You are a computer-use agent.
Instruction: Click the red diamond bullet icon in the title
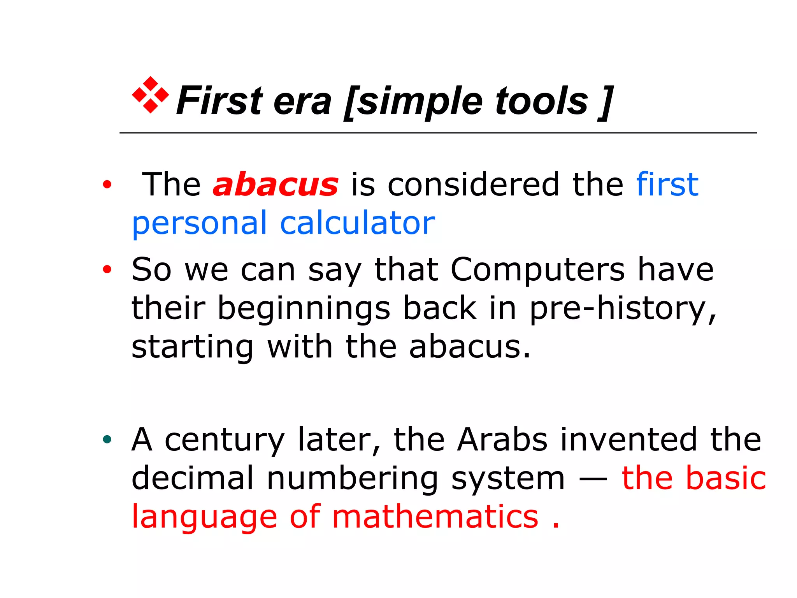pos(150,95)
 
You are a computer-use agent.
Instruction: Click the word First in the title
pos(219,101)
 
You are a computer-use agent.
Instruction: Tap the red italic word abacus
pos(276,185)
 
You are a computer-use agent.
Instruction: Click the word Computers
pos(537,269)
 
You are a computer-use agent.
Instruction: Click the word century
pos(225,440)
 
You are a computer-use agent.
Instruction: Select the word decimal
pos(193,478)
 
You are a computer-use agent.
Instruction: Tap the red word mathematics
pos(435,517)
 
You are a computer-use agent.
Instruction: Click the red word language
pos(204,517)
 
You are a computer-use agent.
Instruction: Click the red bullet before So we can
pos(107,269)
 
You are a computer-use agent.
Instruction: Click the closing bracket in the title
pos(606,102)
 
